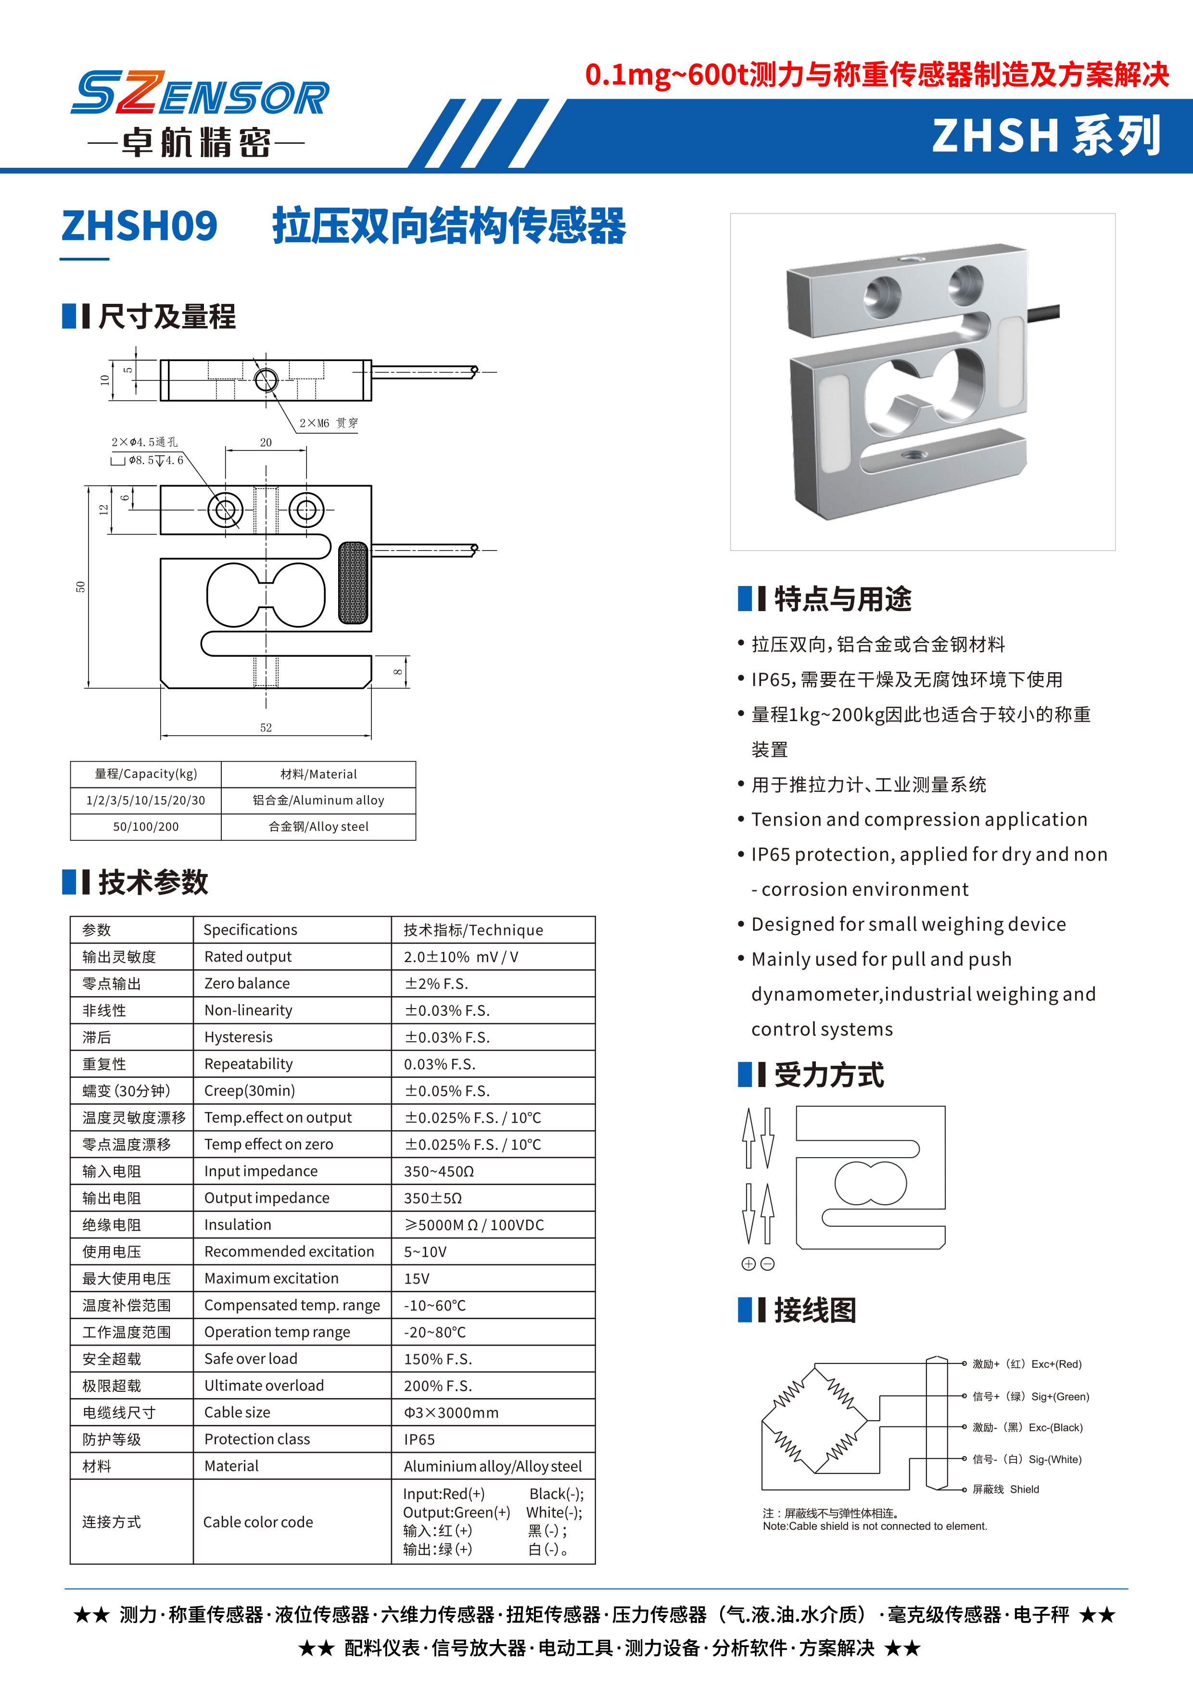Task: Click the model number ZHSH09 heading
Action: coord(140,226)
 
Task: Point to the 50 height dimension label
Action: coord(80,587)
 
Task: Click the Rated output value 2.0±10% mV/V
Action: coord(460,957)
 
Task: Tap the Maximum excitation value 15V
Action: coord(417,1278)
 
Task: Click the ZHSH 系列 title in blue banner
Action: coord(1046,137)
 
